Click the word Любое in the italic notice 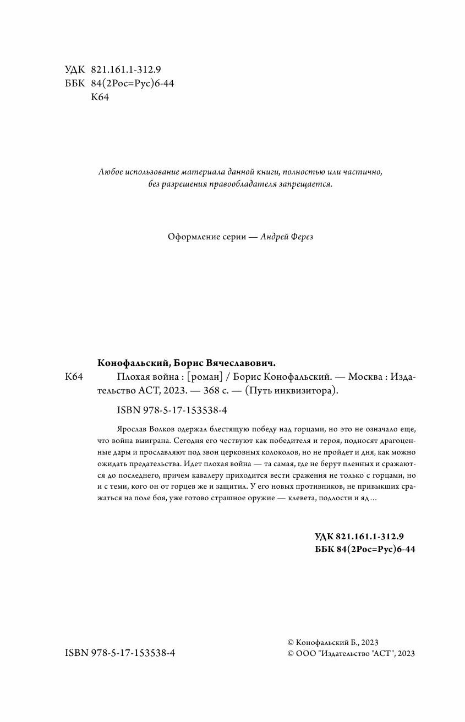point(108,172)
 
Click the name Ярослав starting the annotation point(130,428)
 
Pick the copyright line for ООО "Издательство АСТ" point(351,653)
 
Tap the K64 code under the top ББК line point(99,97)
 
